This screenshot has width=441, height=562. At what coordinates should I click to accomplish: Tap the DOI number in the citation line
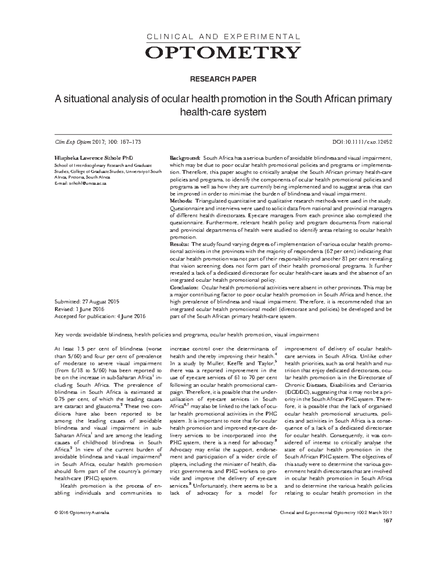pyautogui.click(x=367, y=142)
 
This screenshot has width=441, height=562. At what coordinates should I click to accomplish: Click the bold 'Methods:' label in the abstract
pyautogui.click(x=181, y=201)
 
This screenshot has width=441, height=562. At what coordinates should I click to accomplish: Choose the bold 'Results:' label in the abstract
pyautogui.click(x=180, y=244)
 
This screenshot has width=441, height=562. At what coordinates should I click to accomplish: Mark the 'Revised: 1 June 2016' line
pyautogui.click(x=79, y=309)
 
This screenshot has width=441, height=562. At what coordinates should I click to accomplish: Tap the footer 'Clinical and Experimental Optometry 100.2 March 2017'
pyautogui.click(x=336, y=513)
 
